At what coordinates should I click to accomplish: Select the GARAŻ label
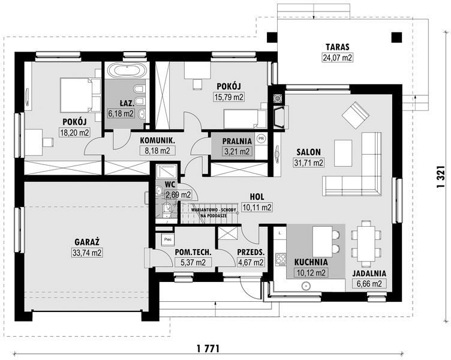click(x=88, y=242)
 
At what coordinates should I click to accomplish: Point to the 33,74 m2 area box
click(x=88, y=253)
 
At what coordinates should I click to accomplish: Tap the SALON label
click(x=309, y=151)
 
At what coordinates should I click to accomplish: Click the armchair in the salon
click(x=354, y=113)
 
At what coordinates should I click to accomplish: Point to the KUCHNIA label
click(x=310, y=262)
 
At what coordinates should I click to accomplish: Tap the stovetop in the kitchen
click(x=279, y=259)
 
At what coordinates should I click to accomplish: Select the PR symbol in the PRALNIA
click(x=260, y=138)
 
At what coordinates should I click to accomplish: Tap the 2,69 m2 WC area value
click(x=178, y=194)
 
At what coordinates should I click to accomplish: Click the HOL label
click(x=257, y=196)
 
